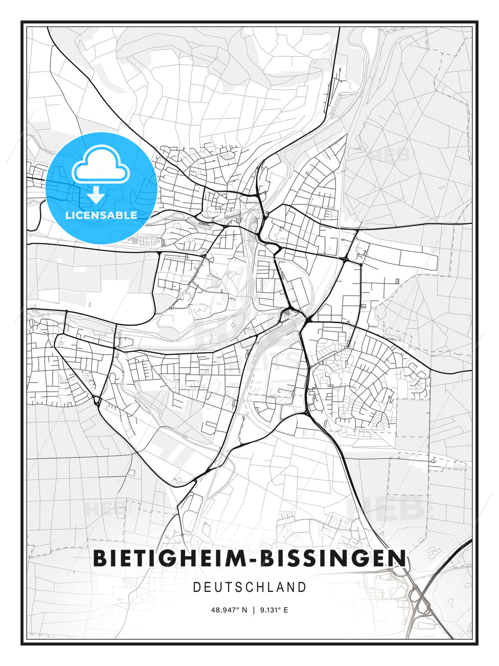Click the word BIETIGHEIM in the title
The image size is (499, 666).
168,558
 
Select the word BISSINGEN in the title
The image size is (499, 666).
333,558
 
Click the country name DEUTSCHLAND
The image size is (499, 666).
249,587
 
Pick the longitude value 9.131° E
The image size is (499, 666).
274,610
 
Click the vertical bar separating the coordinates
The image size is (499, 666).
254,610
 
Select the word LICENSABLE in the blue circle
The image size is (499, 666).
101,215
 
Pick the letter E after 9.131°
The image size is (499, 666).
286,610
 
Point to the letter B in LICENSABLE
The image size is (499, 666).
120,215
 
